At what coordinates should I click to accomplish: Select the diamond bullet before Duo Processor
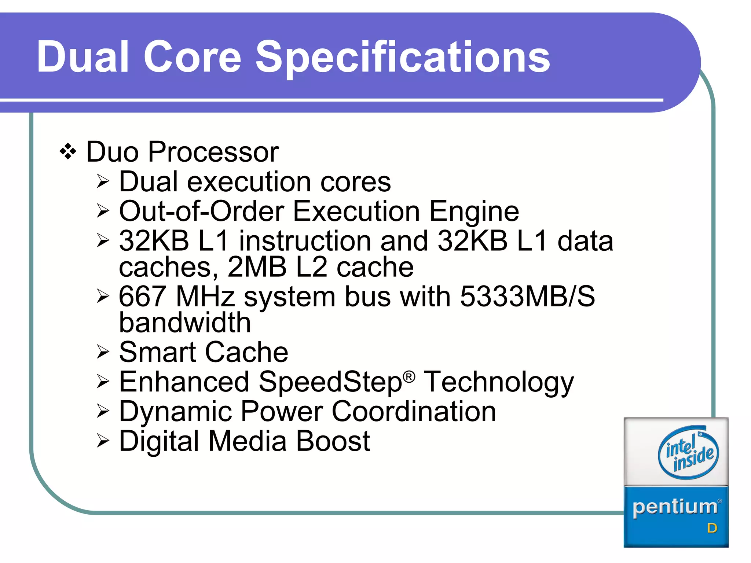click(x=68, y=151)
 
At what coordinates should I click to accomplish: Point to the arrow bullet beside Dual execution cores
click(x=103, y=181)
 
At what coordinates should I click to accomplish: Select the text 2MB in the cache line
click(x=257, y=267)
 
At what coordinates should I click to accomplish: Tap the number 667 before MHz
click(x=142, y=296)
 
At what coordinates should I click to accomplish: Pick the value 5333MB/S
click(x=527, y=296)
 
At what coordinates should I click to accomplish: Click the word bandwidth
click(x=185, y=323)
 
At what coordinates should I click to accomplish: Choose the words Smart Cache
click(x=204, y=352)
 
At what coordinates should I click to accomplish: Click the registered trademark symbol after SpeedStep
click(x=409, y=376)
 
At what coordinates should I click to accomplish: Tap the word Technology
click(x=499, y=382)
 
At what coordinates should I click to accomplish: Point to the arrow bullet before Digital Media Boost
click(x=103, y=441)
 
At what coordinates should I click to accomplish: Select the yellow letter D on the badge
click(x=712, y=528)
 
